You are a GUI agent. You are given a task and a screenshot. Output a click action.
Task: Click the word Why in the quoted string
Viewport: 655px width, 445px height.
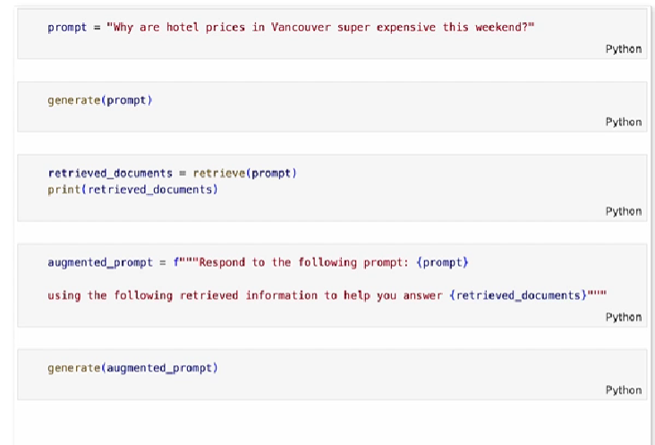coord(123,27)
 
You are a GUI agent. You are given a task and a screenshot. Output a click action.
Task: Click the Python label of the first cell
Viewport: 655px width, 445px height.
coord(624,48)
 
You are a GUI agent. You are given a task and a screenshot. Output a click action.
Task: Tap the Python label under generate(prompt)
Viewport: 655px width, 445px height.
coord(624,122)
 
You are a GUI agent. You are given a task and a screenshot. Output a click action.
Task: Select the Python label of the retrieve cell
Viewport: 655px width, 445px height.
coord(624,211)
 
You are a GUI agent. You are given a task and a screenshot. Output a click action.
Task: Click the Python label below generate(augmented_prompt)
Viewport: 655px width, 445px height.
coord(624,389)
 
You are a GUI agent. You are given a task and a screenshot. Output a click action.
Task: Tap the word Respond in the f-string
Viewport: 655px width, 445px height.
coord(220,262)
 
